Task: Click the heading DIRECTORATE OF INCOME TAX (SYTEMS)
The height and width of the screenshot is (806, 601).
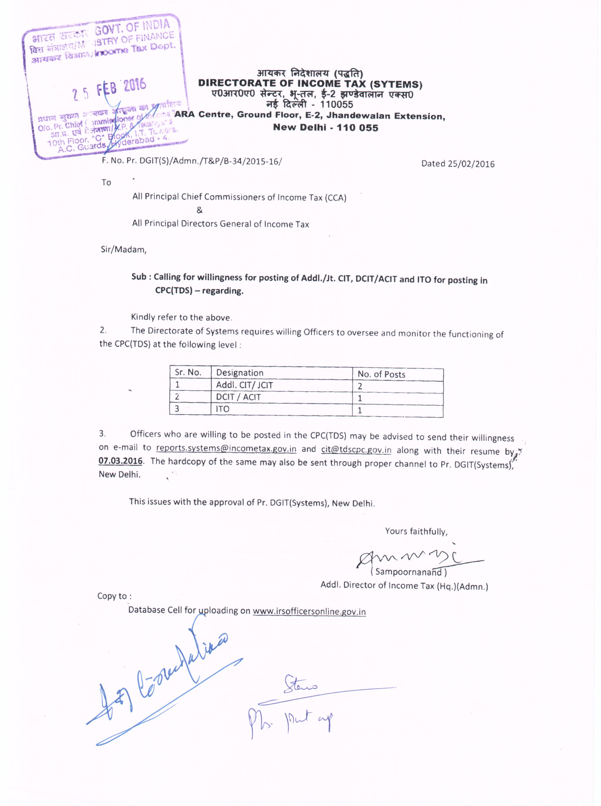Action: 310,84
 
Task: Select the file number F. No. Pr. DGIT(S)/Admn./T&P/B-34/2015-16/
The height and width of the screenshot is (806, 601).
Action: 192,161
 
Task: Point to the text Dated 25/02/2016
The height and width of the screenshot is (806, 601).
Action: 458,164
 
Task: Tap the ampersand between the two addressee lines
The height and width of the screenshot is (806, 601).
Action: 199,210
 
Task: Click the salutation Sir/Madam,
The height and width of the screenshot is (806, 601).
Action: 124,250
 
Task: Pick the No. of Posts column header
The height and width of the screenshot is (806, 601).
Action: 381,374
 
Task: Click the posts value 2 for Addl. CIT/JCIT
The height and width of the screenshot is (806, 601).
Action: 360,387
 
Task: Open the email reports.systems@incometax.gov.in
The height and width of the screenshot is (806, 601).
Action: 226,448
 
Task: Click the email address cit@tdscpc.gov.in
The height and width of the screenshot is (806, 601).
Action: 356,450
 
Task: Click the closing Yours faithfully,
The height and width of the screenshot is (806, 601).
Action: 416,531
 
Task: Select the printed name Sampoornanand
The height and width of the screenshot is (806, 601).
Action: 408,572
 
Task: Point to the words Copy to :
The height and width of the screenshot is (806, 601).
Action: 114,596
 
